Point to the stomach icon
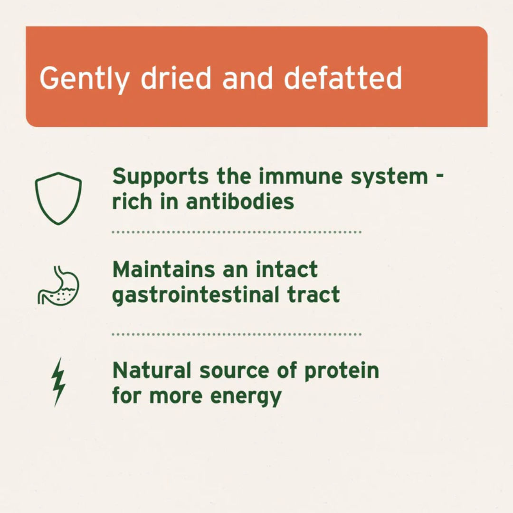point(58,285)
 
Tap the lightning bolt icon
point(58,382)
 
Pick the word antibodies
point(240,201)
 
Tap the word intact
point(286,270)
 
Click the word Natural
point(152,370)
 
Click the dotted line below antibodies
point(237,232)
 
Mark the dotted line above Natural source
point(237,334)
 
